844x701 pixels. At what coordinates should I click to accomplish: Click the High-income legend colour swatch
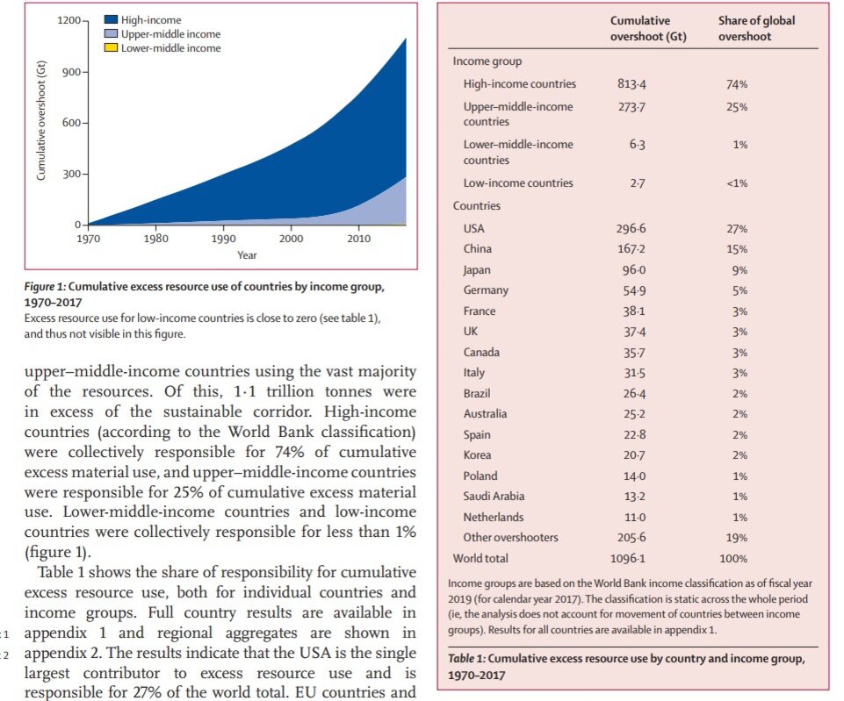110,20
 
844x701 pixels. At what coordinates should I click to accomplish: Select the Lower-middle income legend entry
170,48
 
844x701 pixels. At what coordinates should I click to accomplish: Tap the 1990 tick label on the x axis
223,239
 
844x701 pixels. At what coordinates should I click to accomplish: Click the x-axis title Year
247,255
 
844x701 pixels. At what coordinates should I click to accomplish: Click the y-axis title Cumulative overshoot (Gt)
41,122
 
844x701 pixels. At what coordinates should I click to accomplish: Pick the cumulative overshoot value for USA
631,228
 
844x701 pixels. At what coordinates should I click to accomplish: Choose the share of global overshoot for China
737,249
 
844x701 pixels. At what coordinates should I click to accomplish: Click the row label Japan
477,270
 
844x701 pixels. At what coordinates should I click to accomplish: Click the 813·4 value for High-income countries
631,84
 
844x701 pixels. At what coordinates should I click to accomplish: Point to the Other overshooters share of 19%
737,538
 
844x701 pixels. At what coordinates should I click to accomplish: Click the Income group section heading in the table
487,61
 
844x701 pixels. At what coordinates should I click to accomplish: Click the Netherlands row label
493,517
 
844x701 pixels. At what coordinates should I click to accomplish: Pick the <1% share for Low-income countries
737,183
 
